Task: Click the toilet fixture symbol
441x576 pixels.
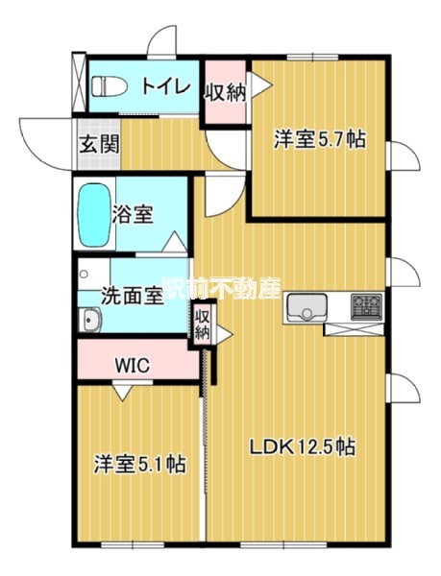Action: coord(110,86)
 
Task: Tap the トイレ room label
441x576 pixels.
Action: coord(166,86)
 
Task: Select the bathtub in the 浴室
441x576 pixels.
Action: coord(95,215)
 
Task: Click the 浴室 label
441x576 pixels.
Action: coord(133,214)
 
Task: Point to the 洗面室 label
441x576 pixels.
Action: coord(132,295)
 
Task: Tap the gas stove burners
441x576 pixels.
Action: coord(366,306)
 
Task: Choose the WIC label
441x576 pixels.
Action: coord(133,365)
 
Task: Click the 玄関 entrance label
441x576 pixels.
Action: coord(100,144)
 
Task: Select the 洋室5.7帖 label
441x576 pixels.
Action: coord(319,139)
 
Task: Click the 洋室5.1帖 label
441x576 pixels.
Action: coord(139,464)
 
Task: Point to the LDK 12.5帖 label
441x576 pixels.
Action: coord(303,446)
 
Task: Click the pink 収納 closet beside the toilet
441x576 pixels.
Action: coord(225,92)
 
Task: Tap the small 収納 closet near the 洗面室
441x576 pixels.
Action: coord(202,324)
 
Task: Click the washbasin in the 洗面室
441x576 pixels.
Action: coord(90,320)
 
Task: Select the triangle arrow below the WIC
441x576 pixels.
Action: coord(122,392)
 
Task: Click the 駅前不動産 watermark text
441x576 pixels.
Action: coord(222,287)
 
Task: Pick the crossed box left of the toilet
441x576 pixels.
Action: coord(79,83)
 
